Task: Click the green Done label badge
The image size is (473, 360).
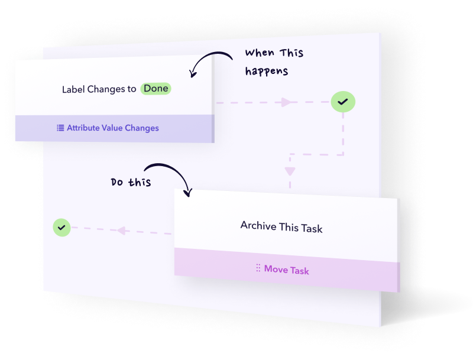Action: coord(156,89)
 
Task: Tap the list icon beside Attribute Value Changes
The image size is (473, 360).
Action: coord(60,128)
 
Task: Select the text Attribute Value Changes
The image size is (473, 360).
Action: coord(112,128)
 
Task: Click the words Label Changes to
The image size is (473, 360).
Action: coord(99,89)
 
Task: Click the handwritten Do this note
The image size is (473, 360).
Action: coord(131,182)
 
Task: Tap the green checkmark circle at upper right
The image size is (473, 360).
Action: coord(342,102)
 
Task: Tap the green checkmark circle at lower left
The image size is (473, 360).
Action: coord(62,226)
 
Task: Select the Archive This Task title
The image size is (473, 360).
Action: coord(281,226)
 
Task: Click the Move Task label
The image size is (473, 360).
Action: coord(286,270)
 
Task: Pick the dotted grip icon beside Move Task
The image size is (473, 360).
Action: coord(258,268)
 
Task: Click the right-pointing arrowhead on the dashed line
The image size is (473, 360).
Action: coord(286,102)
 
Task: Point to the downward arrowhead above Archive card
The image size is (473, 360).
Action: coord(290,172)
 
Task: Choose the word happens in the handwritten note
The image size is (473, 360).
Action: coord(267,72)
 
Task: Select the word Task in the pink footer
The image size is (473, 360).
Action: coord(299,271)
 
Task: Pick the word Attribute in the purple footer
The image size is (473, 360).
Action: coord(83,128)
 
